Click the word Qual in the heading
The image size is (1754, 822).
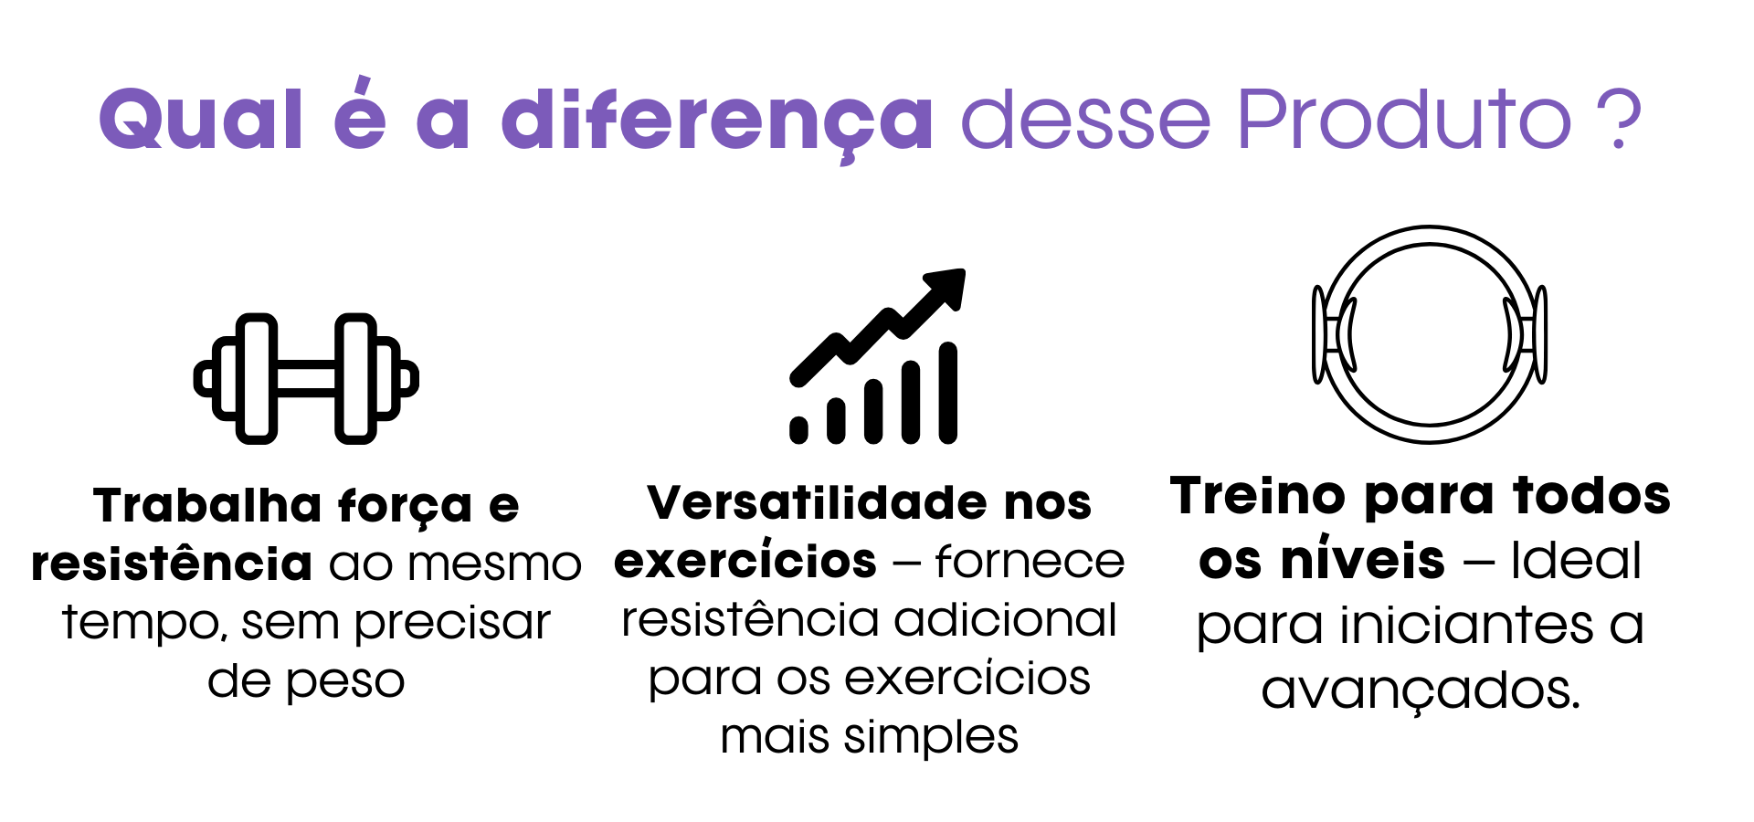coord(201,119)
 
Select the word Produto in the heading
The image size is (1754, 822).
coord(1404,119)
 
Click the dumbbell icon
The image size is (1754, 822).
coord(306,378)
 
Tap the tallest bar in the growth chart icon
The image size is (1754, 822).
coord(948,393)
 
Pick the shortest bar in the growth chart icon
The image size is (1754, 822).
coord(798,430)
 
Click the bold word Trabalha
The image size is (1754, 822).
coord(207,505)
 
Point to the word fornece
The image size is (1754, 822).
coord(1030,561)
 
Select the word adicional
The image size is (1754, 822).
coord(1005,619)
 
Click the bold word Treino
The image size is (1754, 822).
coord(1258,496)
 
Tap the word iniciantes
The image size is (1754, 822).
coord(1467,626)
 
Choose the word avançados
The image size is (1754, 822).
coord(1421,691)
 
